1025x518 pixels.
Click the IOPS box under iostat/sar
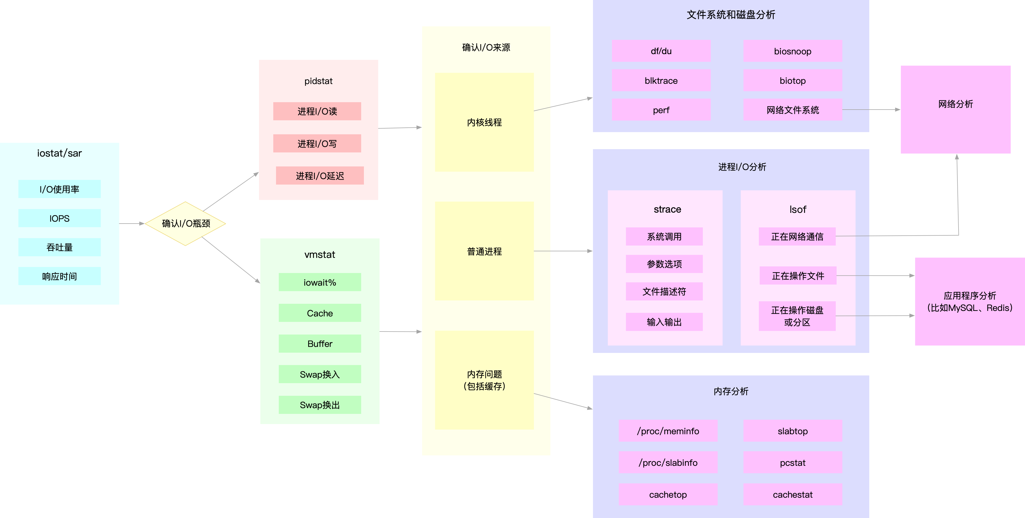[x=59, y=218]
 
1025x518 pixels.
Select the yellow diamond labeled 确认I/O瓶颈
[x=185, y=224]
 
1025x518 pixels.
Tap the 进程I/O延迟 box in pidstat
[x=319, y=176]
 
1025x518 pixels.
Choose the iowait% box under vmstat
[x=319, y=282]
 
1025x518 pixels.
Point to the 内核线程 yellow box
[x=484, y=122]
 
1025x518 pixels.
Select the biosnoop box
[x=792, y=51]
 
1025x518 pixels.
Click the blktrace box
[x=661, y=80]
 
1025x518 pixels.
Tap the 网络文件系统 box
[x=792, y=110]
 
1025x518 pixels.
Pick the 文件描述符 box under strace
[x=664, y=291]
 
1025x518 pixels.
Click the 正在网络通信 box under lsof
[x=797, y=236]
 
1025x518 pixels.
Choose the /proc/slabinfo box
[x=668, y=462]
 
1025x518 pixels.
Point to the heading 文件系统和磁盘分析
[x=731, y=15]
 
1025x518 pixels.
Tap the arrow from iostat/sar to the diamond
[x=131, y=224]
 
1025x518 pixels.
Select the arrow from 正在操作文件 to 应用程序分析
[x=875, y=275]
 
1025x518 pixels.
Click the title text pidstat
[x=318, y=81]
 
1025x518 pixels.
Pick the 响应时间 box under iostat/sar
[x=59, y=276]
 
